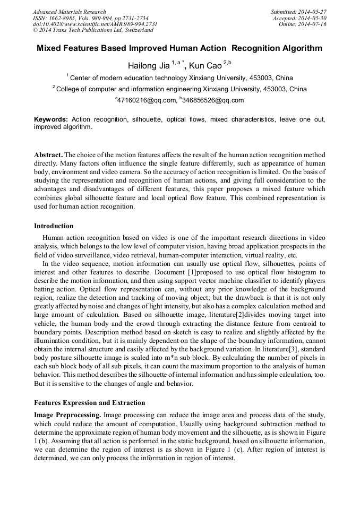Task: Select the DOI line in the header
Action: pyautogui.click(x=95, y=24)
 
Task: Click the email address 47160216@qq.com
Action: pyautogui.click(x=147, y=100)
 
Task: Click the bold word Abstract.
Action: pyautogui.click(x=48, y=155)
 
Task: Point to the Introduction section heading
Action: pyautogui.click(x=54, y=226)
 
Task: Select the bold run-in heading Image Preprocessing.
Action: pyautogui.click(x=67, y=414)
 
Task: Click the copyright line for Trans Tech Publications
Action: pyautogui.click(x=93, y=31)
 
